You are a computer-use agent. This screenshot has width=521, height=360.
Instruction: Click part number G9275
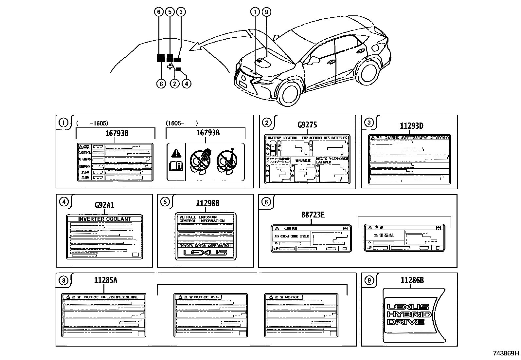(x=307, y=125)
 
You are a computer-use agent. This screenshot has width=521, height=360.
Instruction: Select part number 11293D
(x=411, y=126)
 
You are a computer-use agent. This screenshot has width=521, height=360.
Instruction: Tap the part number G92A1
(x=104, y=205)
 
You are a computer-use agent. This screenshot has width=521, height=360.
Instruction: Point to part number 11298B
(x=207, y=203)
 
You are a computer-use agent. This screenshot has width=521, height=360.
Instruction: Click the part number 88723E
(x=313, y=215)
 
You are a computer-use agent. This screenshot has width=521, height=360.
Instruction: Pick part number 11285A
(x=105, y=280)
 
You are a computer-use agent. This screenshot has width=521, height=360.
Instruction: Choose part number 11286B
(x=412, y=280)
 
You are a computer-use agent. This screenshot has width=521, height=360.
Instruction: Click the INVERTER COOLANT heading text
(x=104, y=219)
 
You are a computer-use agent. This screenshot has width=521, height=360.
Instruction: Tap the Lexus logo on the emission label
(x=205, y=253)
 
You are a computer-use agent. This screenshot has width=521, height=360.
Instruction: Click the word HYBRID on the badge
(x=409, y=314)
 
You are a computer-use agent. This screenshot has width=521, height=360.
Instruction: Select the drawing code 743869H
(x=506, y=353)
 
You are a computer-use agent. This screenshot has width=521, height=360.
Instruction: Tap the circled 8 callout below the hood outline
(x=161, y=84)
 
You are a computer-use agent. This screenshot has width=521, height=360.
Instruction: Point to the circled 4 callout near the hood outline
(x=186, y=84)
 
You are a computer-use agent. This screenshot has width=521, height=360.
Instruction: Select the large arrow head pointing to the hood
(x=196, y=47)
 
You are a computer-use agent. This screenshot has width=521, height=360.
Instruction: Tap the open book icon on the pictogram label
(x=176, y=166)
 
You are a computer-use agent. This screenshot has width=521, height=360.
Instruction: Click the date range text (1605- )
(x=182, y=123)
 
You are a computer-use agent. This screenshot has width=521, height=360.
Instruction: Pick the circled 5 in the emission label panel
(x=165, y=202)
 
